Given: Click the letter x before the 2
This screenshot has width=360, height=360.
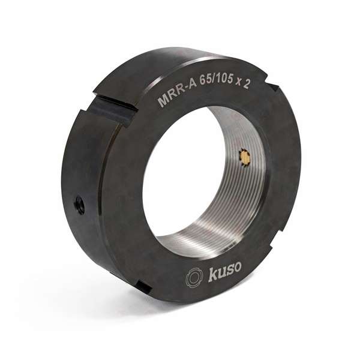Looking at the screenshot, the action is pos(239,83).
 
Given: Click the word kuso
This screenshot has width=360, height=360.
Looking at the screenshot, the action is pos(224,273).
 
